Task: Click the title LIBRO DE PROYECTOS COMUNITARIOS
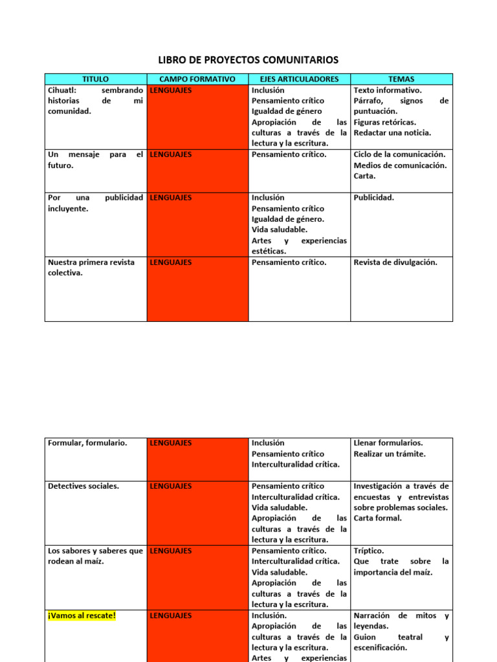click(248, 60)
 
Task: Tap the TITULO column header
click(95, 79)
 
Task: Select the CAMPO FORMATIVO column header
click(197, 79)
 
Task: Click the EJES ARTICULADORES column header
click(299, 79)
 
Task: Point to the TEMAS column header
click(401, 79)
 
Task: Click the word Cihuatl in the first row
click(61, 91)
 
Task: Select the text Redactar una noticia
click(392, 133)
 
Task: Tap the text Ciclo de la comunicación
click(399, 155)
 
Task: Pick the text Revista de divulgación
click(395, 262)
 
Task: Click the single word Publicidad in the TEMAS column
click(373, 197)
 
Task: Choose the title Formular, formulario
click(87, 443)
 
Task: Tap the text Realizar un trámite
click(390, 454)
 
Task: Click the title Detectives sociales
click(83, 486)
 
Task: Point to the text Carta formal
click(377, 518)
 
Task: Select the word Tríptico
click(368, 551)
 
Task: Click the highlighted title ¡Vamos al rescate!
click(82, 615)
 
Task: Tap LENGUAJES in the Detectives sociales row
click(171, 486)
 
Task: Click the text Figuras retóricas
click(385, 122)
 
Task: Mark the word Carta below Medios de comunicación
click(364, 176)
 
